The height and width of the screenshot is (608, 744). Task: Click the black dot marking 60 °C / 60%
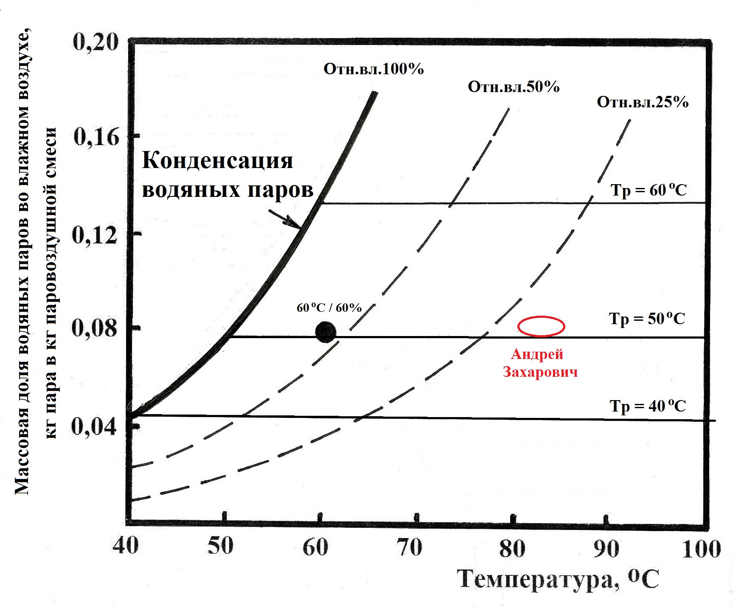(326, 332)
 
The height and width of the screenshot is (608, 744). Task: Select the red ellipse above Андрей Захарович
(541, 326)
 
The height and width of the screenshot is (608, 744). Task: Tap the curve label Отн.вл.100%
(373, 69)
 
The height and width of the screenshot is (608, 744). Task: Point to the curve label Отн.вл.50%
(514, 87)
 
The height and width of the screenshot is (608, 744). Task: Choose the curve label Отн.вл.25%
(643, 102)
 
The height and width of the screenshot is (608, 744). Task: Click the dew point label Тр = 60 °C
(649, 190)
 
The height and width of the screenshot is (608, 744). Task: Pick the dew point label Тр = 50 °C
(647, 319)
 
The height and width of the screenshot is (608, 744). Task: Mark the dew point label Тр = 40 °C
(648, 406)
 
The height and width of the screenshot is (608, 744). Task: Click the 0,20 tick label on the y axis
(95, 42)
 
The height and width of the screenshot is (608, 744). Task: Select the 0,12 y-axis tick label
(95, 235)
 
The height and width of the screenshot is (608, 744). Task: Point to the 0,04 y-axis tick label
(94, 426)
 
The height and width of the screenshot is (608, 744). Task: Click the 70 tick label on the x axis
(410, 547)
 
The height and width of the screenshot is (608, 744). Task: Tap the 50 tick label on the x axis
(221, 546)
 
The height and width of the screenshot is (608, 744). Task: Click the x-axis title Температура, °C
(559, 579)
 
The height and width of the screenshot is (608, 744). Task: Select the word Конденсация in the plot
(217, 161)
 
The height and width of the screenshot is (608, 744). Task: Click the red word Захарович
(540, 372)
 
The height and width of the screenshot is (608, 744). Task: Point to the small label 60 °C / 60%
(329, 308)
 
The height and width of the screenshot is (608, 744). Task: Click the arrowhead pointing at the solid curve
(297, 224)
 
